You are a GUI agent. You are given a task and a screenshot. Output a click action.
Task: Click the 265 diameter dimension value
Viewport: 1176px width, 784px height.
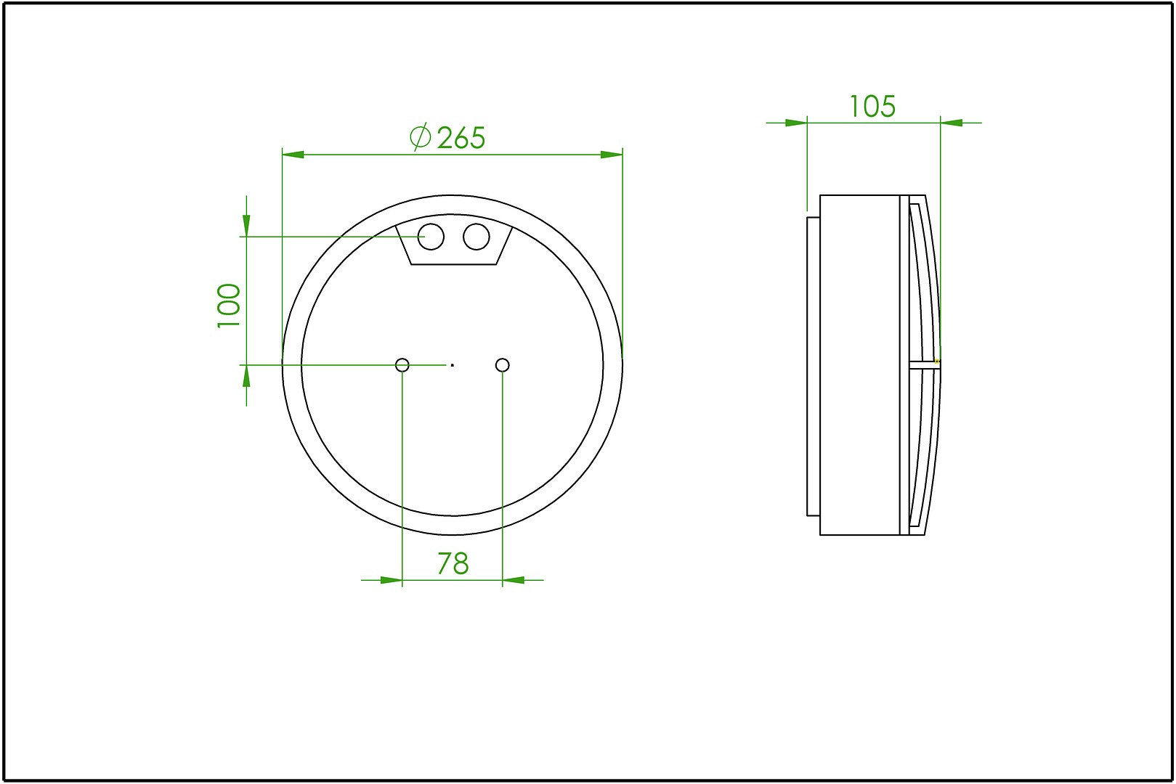tap(461, 138)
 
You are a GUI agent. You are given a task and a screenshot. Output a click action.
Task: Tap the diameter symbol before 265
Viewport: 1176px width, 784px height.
tap(420, 137)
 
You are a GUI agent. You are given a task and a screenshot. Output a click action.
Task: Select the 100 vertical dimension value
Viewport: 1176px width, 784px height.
tap(229, 306)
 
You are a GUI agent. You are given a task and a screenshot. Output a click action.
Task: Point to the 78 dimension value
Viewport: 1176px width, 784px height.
tap(453, 564)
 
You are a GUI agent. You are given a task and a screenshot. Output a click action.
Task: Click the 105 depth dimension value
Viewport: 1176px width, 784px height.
tap(872, 107)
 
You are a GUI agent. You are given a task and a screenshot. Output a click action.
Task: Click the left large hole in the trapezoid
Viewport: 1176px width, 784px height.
tap(431, 237)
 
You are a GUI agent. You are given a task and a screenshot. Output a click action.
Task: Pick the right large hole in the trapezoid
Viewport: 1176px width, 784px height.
tap(477, 237)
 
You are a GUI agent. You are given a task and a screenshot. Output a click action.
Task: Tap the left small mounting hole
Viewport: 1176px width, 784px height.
tap(402, 364)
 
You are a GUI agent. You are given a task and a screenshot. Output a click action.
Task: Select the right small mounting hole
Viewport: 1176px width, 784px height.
tap(503, 364)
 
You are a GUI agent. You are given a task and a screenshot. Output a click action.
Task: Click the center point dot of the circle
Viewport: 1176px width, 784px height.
tap(453, 364)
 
